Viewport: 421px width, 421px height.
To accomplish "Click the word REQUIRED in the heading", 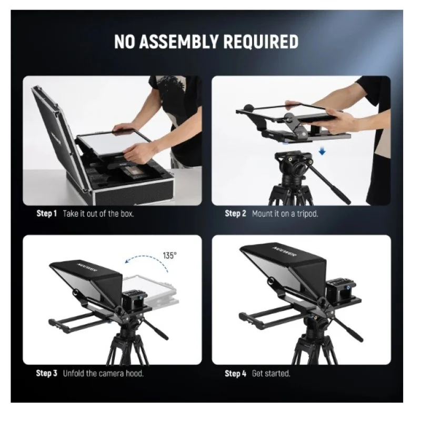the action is tap(260, 42).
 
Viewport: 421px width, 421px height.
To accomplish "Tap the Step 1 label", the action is tap(47, 214).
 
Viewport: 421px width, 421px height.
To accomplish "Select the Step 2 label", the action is tap(235, 214).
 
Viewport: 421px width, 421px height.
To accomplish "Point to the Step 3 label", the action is tap(47, 373).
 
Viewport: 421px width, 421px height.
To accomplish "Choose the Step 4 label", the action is tap(235, 373).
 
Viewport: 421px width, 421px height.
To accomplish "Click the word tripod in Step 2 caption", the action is tap(307, 214).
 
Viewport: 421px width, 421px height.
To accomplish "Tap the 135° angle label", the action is tap(169, 255).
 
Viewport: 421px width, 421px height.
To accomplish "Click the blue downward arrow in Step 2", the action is tap(322, 152).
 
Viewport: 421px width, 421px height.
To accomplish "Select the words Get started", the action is tap(271, 373).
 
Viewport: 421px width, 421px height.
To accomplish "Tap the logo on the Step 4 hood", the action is tap(285, 251).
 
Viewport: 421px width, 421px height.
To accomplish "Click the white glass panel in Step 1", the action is tap(113, 144).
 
